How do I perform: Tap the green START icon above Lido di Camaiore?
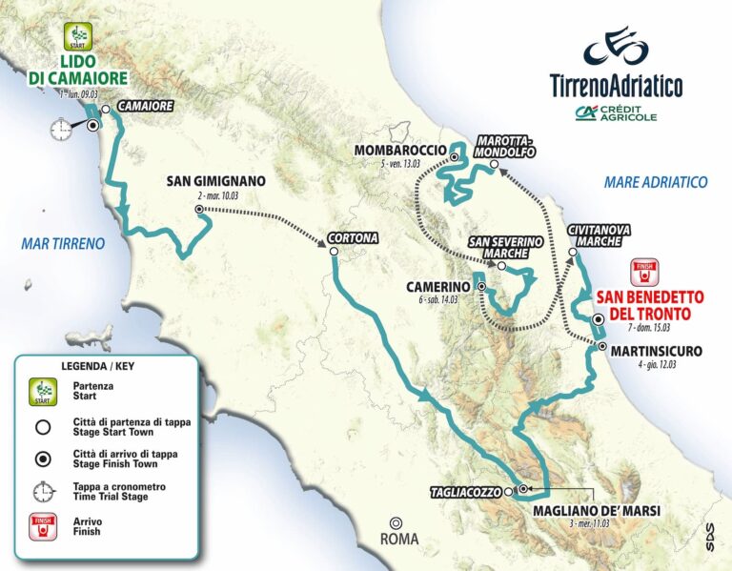tap(75, 38)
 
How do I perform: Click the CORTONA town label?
tap(352, 237)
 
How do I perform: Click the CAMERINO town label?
tap(438, 286)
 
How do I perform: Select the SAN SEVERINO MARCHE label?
tap(505, 248)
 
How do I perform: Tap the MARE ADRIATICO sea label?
tap(656, 182)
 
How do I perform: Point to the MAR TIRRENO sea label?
tap(63, 244)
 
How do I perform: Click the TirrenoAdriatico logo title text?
tap(616, 86)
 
